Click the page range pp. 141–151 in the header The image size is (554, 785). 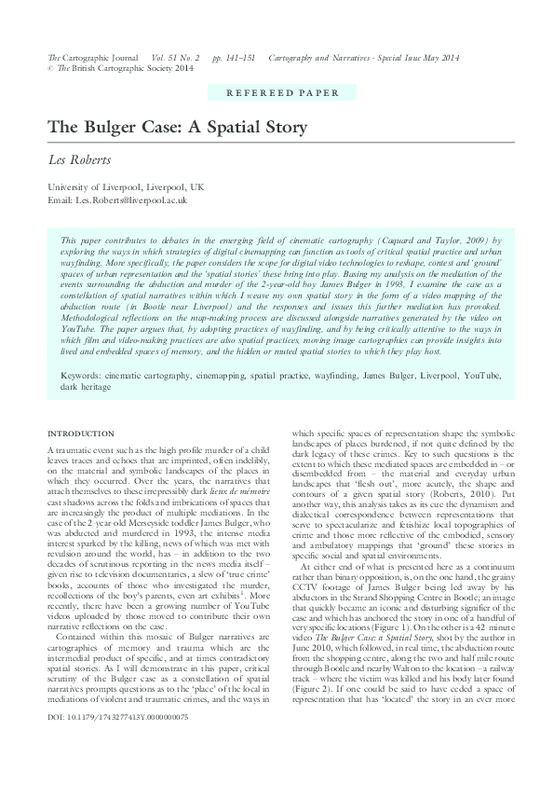pos(234,58)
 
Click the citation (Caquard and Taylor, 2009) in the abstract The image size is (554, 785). pos(427,240)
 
